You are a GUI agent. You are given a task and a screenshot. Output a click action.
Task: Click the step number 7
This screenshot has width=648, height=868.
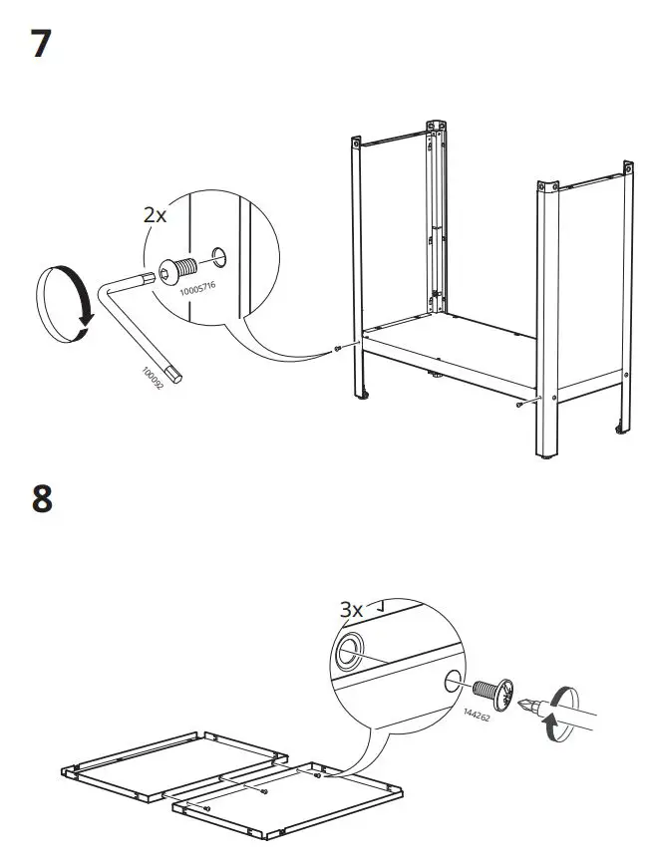[41, 44]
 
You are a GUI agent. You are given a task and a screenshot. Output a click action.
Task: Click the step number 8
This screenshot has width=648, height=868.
[41, 497]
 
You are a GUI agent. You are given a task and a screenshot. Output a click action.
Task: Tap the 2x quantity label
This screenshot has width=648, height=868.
[156, 215]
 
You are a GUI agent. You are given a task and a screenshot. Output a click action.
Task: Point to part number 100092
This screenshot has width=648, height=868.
[151, 376]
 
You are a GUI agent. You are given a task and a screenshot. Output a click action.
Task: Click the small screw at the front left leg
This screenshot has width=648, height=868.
[339, 347]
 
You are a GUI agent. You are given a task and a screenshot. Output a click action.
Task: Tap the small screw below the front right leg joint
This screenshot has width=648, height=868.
[520, 405]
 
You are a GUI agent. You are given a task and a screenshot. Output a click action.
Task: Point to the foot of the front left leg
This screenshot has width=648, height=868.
[362, 397]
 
